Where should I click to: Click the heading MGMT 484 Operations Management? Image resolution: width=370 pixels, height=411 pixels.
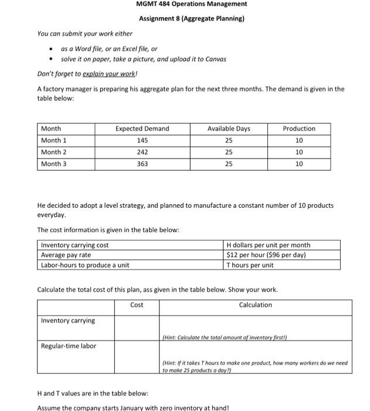pos(191,4)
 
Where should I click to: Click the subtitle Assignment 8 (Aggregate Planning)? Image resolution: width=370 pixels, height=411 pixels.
pos(191,18)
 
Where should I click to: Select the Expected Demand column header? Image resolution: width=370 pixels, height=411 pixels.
pos(142,129)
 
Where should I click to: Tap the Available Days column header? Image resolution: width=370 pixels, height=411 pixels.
pos(229,129)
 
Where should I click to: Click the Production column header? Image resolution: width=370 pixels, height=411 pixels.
pos(299,129)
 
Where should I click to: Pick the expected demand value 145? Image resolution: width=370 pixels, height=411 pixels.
pos(142,140)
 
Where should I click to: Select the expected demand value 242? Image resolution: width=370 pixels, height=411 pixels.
pos(142,152)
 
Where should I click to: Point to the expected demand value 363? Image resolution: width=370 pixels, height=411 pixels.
pos(142,164)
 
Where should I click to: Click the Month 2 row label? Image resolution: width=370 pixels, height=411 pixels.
pos(54,152)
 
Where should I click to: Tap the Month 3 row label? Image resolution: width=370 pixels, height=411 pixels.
pos(54,164)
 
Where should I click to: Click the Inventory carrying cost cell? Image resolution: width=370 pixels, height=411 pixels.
pos(74,245)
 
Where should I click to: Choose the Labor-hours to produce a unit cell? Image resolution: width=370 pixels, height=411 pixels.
pos(85,265)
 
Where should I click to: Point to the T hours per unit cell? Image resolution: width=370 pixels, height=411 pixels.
pos(250,265)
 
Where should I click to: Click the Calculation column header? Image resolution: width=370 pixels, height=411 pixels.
pos(255,305)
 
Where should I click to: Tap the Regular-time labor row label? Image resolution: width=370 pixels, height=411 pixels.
pos(69,346)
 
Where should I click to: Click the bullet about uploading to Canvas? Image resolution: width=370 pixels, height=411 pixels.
pos(143,59)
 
